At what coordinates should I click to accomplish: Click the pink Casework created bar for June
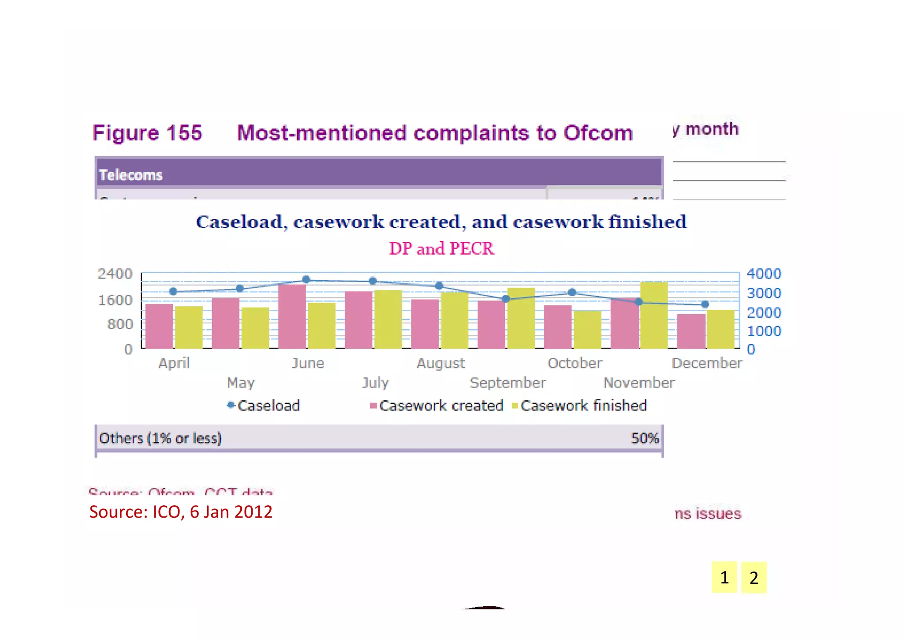pyautogui.click(x=292, y=316)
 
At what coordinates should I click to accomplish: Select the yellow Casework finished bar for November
pyautogui.click(x=654, y=315)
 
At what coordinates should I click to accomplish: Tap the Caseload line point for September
pyautogui.click(x=506, y=299)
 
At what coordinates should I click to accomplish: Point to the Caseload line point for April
pyautogui.click(x=173, y=291)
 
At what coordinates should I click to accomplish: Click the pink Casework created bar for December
pyautogui.click(x=691, y=331)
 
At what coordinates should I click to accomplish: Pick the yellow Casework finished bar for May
pyautogui.click(x=255, y=327)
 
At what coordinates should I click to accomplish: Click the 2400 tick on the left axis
pyautogui.click(x=115, y=274)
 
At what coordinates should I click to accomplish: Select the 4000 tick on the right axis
pyautogui.click(x=764, y=274)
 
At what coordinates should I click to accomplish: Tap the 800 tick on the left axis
pyautogui.click(x=120, y=324)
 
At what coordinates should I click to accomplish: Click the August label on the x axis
pyautogui.click(x=440, y=363)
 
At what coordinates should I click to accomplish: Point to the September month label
pyautogui.click(x=507, y=383)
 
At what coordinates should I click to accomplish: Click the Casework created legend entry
pyautogui.click(x=437, y=406)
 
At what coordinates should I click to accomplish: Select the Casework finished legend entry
pyautogui.click(x=579, y=406)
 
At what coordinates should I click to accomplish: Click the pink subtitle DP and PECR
pyautogui.click(x=441, y=248)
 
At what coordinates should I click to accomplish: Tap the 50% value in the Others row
pyautogui.click(x=645, y=438)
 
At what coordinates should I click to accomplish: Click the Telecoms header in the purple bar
pyautogui.click(x=131, y=175)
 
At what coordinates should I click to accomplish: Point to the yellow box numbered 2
pyautogui.click(x=754, y=577)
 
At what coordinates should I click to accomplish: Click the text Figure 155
pyautogui.click(x=147, y=133)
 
